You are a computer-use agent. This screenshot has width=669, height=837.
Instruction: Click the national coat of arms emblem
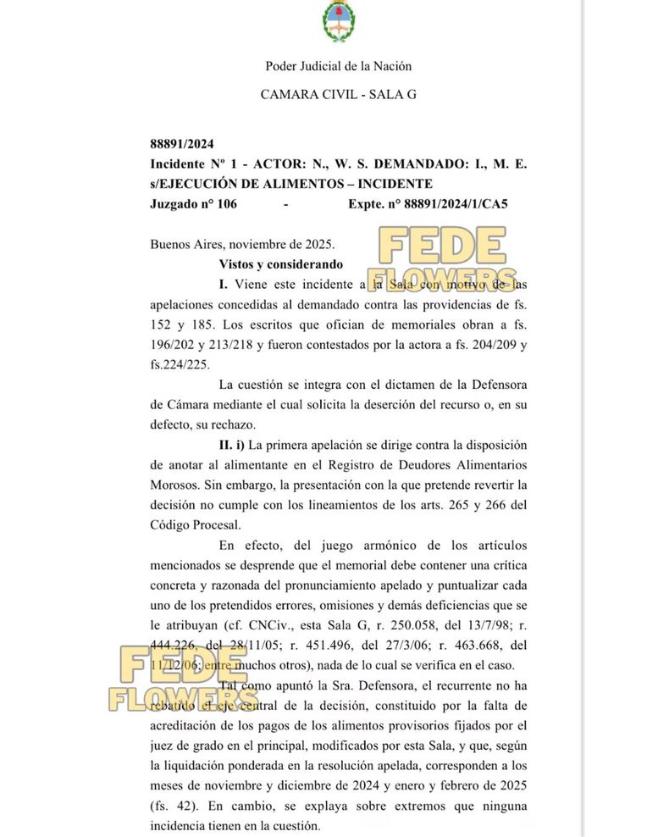pyautogui.click(x=338, y=23)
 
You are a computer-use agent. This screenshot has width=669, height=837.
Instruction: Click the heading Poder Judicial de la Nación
pyautogui.click(x=338, y=66)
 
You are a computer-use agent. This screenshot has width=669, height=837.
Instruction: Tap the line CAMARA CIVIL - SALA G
pyautogui.click(x=338, y=96)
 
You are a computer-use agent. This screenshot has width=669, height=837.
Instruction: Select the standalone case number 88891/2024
pyautogui.click(x=176, y=144)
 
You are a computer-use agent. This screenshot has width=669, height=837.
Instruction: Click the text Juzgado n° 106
pyautogui.click(x=194, y=204)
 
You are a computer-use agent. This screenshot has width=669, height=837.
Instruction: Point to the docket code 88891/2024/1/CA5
pyautogui.click(x=456, y=204)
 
